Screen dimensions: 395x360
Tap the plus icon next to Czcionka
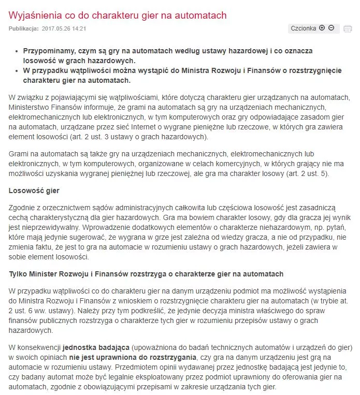(322, 28)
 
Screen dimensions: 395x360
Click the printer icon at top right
(348, 28)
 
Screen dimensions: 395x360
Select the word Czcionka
(303, 28)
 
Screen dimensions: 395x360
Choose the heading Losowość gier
(34, 191)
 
